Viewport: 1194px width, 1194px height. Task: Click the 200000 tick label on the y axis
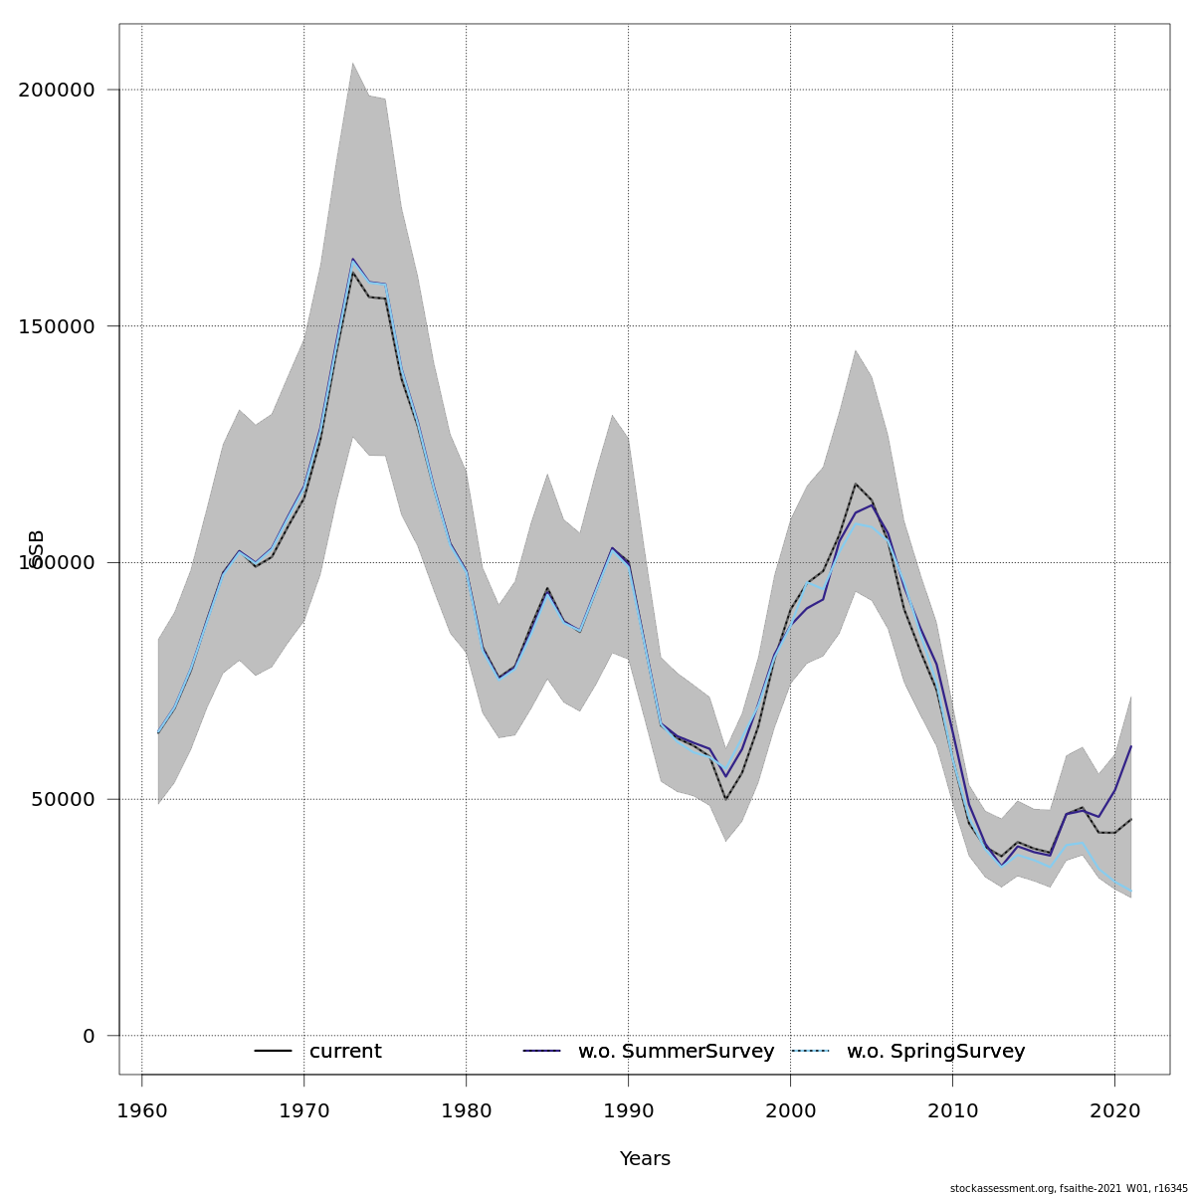pos(58,90)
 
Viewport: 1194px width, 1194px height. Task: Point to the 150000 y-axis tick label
pos(58,326)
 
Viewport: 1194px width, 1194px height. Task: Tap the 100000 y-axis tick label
pos(58,562)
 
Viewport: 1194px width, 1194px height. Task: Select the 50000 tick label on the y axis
pos(64,799)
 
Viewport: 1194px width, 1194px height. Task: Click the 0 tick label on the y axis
pos(89,1036)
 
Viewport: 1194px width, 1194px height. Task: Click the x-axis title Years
pos(645,1159)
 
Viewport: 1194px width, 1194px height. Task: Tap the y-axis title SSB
pos(37,549)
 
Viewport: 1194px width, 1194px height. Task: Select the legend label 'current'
pos(345,1052)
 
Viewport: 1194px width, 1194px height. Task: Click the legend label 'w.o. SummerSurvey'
pos(676,1052)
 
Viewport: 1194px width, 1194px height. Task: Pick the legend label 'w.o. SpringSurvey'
pos(935,1052)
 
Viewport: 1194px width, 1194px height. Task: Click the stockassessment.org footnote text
pos(1069,1188)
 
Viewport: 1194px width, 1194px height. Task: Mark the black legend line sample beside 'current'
pos(273,1052)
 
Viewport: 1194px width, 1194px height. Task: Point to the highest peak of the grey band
pos(352,64)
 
